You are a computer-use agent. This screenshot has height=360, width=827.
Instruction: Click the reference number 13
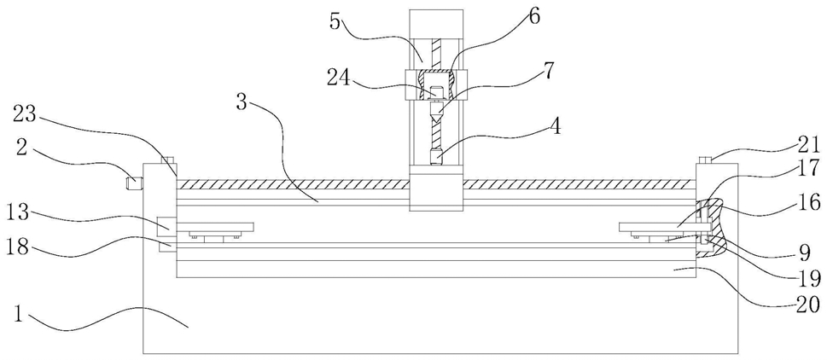20,216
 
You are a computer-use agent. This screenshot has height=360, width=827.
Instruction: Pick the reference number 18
20,247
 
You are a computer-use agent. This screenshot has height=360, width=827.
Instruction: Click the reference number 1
19,315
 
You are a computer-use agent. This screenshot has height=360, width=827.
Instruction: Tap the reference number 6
533,16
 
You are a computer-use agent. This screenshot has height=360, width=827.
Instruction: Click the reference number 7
549,70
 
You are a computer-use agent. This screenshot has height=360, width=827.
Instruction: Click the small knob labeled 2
132,183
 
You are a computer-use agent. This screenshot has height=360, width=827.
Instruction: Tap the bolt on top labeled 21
706,160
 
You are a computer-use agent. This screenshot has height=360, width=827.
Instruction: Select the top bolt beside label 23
166,160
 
